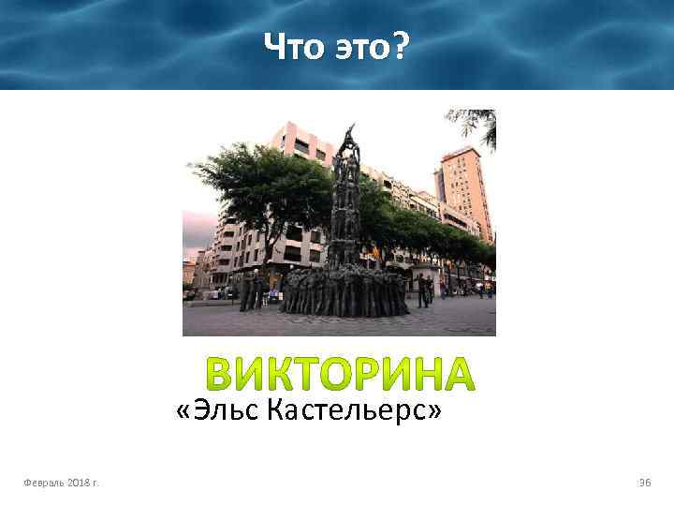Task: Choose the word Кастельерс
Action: (x=345, y=409)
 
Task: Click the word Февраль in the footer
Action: (x=48, y=483)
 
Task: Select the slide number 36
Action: (x=644, y=483)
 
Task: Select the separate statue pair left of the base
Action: (x=250, y=290)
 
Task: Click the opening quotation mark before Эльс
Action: (x=182, y=409)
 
